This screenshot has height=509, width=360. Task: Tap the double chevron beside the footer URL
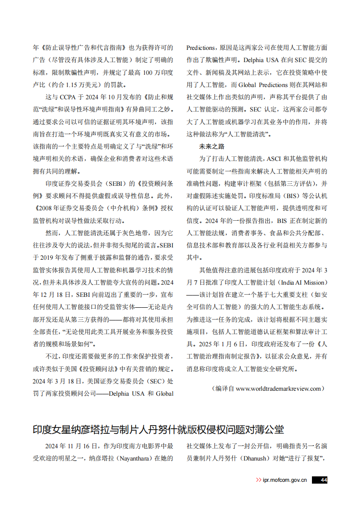[258, 480]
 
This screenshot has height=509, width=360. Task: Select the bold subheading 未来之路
[212, 146]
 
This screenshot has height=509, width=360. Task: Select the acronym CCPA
[67, 97]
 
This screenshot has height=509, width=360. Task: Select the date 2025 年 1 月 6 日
[216, 344]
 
